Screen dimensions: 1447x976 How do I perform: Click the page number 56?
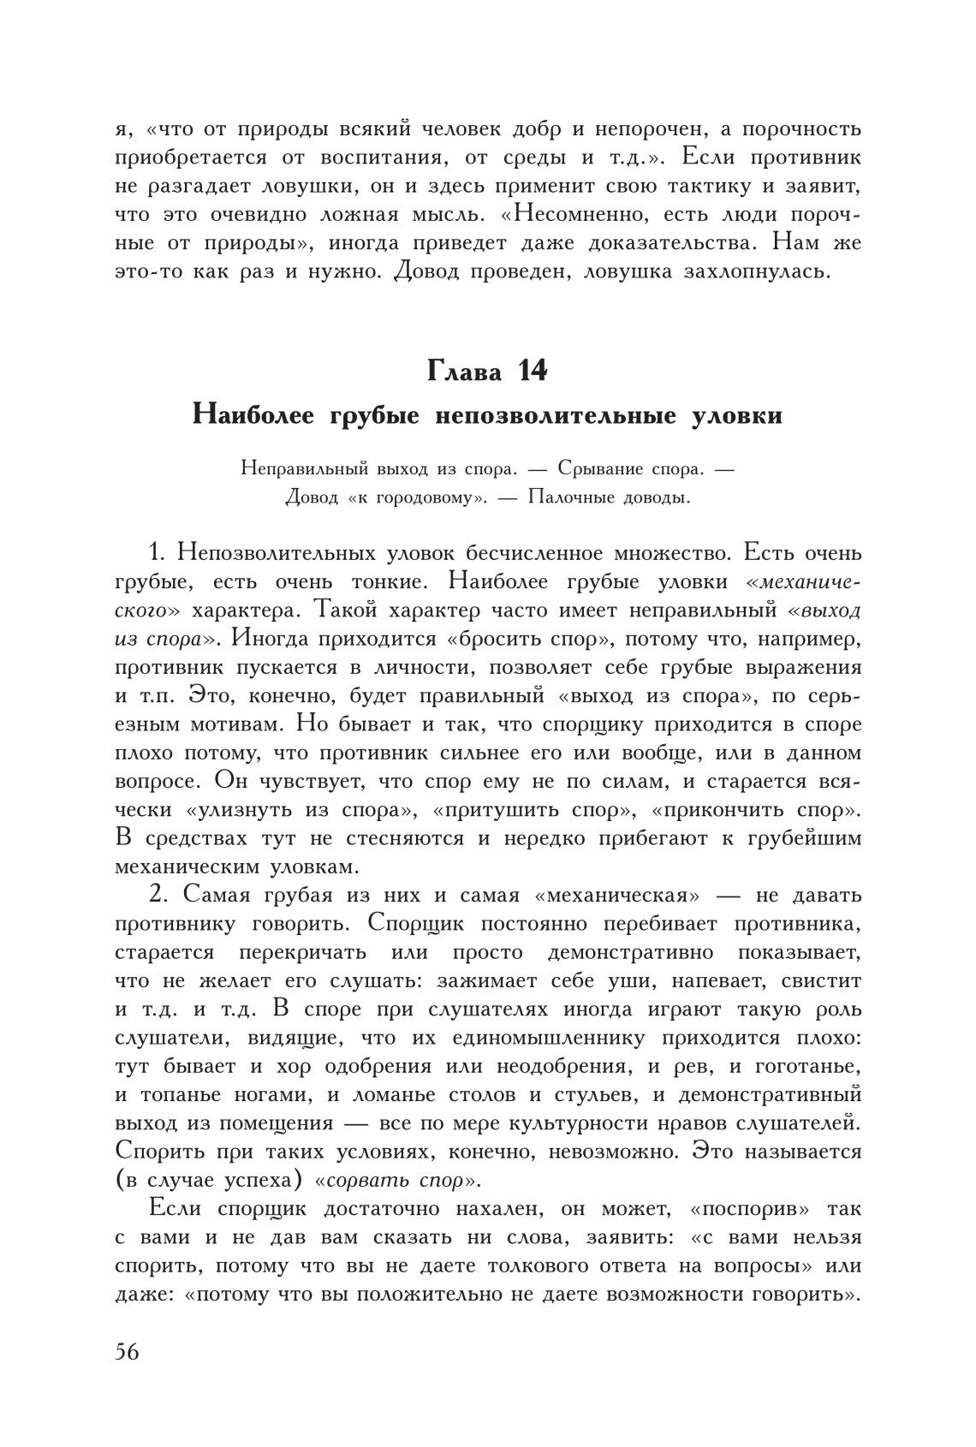[x=127, y=1352]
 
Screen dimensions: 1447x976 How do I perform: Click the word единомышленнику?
[x=550, y=1039]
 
